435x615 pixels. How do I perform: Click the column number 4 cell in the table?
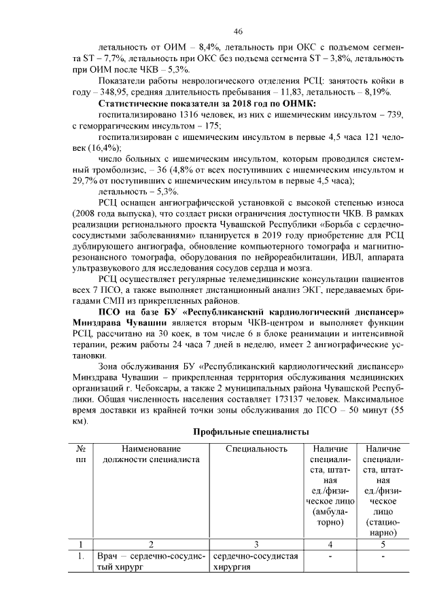(330, 544)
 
